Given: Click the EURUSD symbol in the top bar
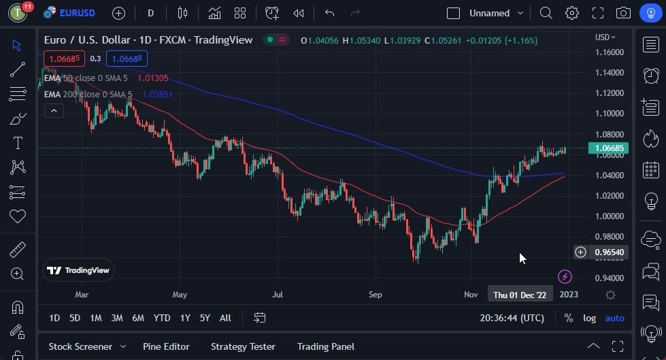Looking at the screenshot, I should point(76,13).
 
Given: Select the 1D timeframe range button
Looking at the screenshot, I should point(54,318).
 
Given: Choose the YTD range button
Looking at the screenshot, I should point(162,318).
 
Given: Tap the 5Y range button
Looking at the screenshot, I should point(205,318).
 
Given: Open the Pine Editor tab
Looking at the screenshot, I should point(166,346).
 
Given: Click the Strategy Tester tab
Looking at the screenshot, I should point(243,346).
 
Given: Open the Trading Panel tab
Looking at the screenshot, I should point(325,346).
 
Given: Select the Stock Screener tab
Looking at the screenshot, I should point(80,346).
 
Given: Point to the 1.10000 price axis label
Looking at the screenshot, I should point(609,114).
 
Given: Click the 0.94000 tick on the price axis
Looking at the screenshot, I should point(609,278).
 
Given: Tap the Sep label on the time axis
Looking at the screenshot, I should point(376,295).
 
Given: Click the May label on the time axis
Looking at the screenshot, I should point(180,295).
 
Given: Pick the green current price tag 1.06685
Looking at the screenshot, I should point(610,148).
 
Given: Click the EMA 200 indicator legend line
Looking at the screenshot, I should point(88,94).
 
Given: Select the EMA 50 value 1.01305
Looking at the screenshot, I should point(152,78).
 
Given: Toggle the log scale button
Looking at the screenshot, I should point(589,318).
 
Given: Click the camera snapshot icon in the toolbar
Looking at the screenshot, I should point(622,13).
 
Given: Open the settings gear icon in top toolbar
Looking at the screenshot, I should point(571,13).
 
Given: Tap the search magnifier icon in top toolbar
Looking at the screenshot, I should point(546,13).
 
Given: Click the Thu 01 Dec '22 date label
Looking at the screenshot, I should point(520,295).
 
